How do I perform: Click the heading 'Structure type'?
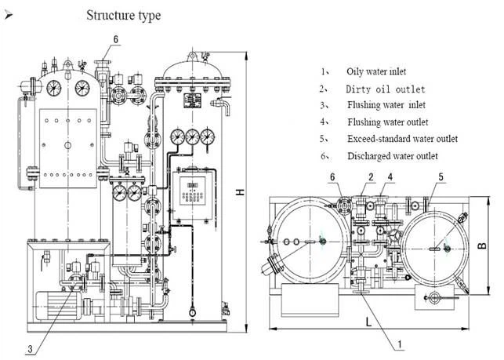pyautogui.click(x=124, y=15)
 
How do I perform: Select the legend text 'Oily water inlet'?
pyautogui.click(x=376, y=71)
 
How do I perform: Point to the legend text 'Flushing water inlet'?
pyautogui.click(x=387, y=105)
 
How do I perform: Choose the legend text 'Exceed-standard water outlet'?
pyautogui.click(x=402, y=139)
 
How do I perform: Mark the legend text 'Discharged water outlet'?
pyautogui.click(x=392, y=155)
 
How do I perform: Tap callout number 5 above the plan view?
pyautogui.click(x=441, y=177)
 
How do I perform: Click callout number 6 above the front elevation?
pyautogui.click(x=117, y=38)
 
